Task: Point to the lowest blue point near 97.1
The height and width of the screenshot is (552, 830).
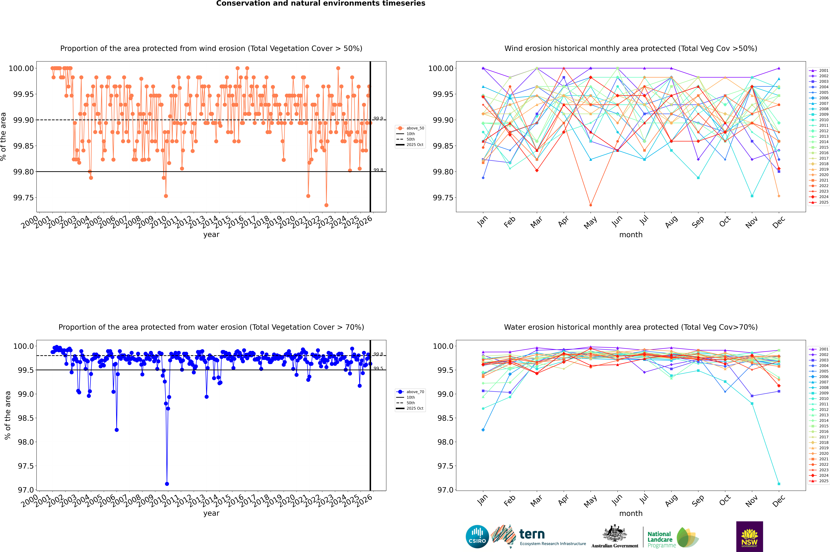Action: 167,484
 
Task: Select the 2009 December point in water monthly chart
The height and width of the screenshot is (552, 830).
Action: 779,484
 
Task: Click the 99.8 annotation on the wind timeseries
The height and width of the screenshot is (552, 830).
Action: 378,170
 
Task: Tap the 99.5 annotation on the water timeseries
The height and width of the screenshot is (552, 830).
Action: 378,368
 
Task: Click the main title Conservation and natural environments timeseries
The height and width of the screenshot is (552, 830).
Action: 321,3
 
